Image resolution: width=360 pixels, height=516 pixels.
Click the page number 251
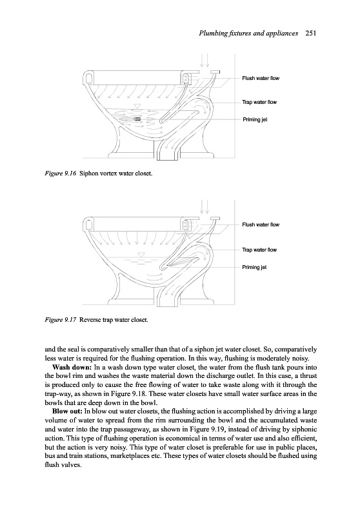pos(310,33)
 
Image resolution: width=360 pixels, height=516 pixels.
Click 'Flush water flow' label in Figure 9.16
pos(261,78)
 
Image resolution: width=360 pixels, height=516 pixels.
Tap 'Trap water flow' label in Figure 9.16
pos(259,102)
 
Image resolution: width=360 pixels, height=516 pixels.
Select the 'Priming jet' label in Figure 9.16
pos(255,119)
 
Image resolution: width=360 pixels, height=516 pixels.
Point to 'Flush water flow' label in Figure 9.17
pos(261,224)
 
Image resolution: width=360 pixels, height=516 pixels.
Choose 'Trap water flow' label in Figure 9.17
pos(259,250)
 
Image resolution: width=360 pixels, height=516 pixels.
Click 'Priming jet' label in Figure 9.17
pos(254,267)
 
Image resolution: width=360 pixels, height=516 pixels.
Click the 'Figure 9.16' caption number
pos(61,174)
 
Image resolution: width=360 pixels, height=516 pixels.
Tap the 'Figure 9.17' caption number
pos(61,319)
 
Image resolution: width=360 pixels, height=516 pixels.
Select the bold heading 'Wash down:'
pos(72,367)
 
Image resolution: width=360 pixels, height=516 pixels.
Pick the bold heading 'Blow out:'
pos(68,412)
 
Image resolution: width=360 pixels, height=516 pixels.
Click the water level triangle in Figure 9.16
pos(137,106)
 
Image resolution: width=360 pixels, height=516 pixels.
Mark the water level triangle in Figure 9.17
pos(141,254)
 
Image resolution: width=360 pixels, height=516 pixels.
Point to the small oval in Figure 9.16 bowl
pos(137,119)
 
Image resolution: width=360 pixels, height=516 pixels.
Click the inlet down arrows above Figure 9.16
pos(205,60)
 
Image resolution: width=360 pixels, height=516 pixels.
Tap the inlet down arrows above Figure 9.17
pos(205,206)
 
